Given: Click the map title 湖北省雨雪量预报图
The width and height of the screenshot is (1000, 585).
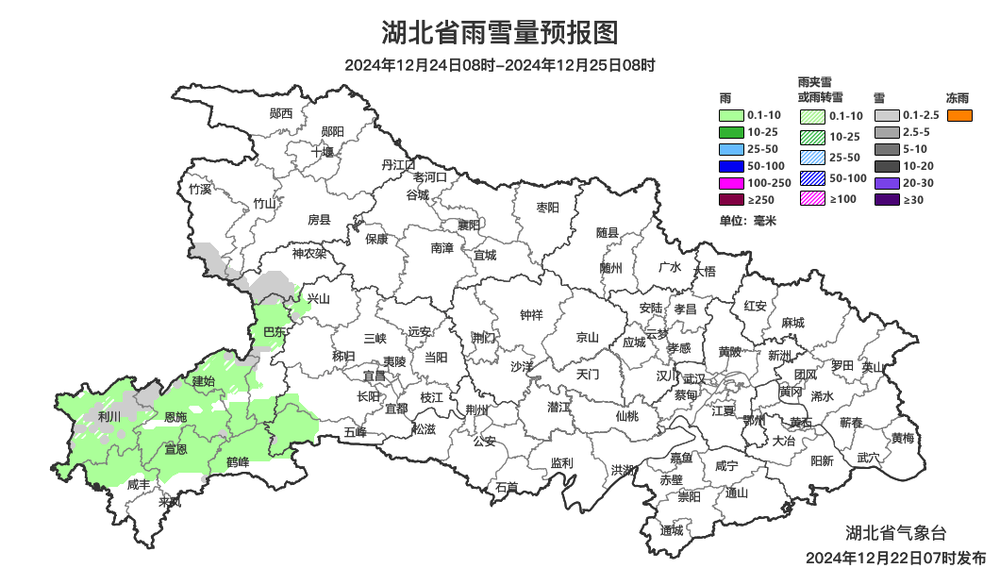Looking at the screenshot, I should [499, 33].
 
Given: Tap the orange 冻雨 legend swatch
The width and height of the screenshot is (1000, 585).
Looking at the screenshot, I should [959, 115].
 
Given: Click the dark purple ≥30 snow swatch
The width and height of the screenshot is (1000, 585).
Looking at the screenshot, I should [886, 199].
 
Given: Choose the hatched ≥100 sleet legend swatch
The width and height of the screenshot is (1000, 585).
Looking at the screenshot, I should [812, 198].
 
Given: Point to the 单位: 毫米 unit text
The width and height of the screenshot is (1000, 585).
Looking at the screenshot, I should [747, 221].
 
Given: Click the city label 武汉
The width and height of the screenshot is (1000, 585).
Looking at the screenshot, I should [694, 377].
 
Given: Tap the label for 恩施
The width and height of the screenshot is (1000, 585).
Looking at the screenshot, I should [175, 417].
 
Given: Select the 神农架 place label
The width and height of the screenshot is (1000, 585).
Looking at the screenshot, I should [308, 253].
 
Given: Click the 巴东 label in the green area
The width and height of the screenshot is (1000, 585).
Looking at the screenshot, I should [275, 332].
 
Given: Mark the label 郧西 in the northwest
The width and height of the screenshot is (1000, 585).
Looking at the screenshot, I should [281, 113].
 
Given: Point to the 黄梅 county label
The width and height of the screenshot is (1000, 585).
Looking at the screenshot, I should [902, 438].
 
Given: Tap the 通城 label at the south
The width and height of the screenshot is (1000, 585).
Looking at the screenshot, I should [672, 530].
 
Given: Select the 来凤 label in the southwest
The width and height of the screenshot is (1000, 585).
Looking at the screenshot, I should [170, 502].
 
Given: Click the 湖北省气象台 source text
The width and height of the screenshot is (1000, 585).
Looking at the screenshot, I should [894, 533].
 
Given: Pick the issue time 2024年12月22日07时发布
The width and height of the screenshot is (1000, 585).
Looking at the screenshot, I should [895, 558].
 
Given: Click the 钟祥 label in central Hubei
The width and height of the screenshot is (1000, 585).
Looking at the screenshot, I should [532, 315].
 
